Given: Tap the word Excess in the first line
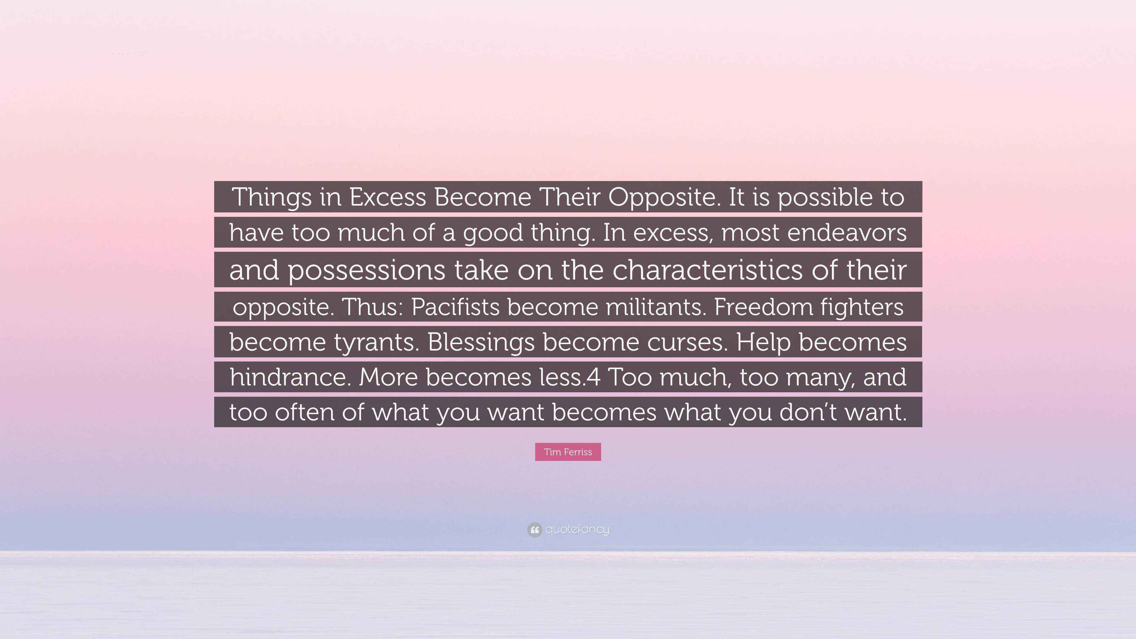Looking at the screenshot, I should pyautogui.click(x=388, y=197).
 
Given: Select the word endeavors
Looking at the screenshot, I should pyautogui.click(x=847, y=233).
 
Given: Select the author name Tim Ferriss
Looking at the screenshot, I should pyautogui.click(x=568, y=452).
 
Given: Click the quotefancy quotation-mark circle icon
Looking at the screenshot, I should pyautogui.click(x=534, y=530).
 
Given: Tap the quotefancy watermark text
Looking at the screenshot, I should pyautogui.click(x=577, y=529).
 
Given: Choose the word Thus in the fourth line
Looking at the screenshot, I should pyautogui.click(x=372, y=306).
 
